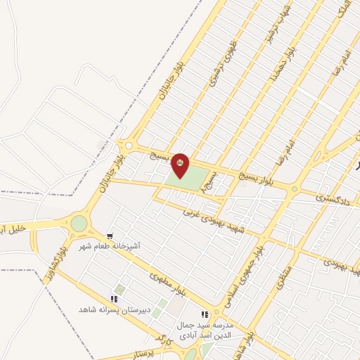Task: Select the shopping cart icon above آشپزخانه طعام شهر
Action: pyautogui.click(x=110, y=236)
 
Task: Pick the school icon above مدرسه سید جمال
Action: pyautogui.click(x=205, y=315)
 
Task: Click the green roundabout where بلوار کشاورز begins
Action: pyautogui.click(x=79, y=224)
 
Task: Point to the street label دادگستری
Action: pyautogui.click(x=333, y=202)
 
